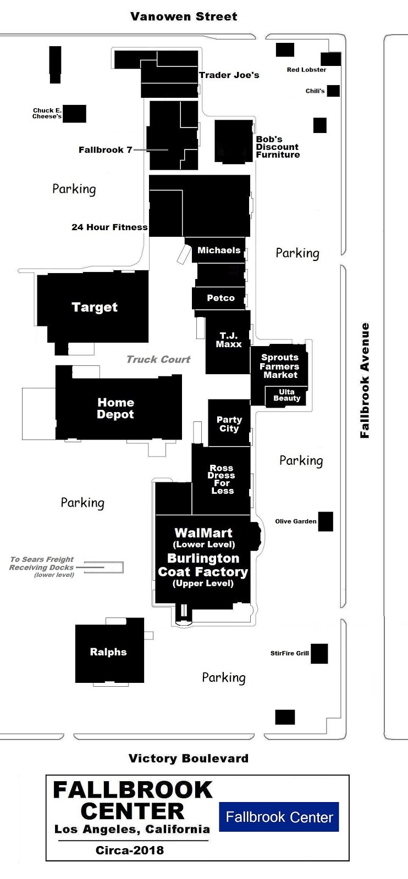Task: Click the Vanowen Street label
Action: [x=184, y=16]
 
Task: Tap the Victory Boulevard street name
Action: [x=189, y=758]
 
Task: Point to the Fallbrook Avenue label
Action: [x=365, y=380]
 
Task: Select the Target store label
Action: [x=95, y=307]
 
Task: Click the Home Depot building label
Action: [x=115, y=408]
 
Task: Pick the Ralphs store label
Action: [x=108, y=652]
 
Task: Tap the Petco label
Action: [x=220, y=298]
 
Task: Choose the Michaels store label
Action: [x=219, y=251]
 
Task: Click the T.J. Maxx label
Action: [x=229, y=340]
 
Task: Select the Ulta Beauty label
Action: [x=286, y=395]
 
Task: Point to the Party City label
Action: [x=229, y=424]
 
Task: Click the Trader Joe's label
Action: [x=229, y=75]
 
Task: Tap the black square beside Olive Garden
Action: [x=326, y=521]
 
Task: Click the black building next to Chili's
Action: [x=333, y=91]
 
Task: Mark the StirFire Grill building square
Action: [x=319, y=653]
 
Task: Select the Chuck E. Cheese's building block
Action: [x=74, y=113]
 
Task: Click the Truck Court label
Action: [x=158, y=359]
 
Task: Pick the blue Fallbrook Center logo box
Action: [x=279, y=816]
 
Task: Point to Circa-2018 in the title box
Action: [x=130, y=850]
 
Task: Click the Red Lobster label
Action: [x=306, y=69]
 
